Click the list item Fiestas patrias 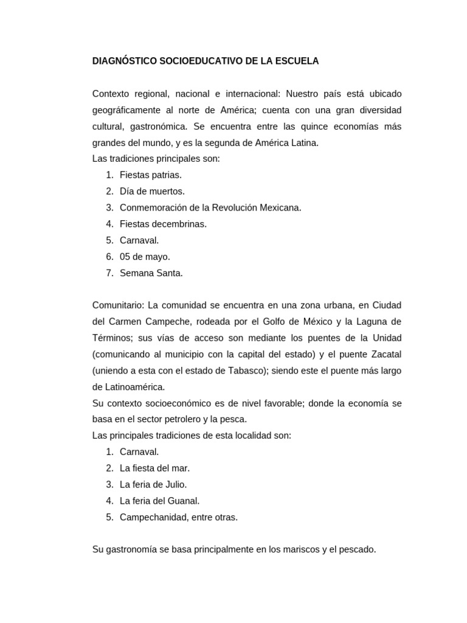pyautogui.click(x=151, y=175)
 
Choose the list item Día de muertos pyautogui.click(x=152, y=192)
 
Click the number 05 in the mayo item pyautogui.click(x=125, y=257)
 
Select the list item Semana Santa pyautogui.click(x=151, y=274)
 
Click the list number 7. pyautogui.click(x=109, y=274)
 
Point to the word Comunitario pyautogui.click(x=119, y=305)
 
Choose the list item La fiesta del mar pyautogui.click(x=155, y=468)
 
